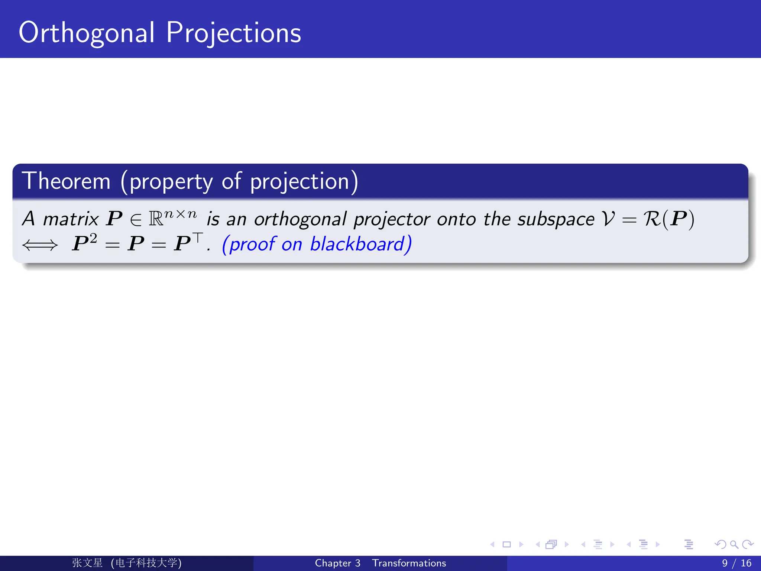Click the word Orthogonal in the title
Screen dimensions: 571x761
[86, 33]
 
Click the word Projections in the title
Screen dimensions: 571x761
[233, 33]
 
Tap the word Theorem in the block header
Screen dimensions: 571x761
[66, 181]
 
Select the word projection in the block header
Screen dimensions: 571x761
[299, 182]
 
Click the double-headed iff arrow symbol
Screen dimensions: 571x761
[40, 245]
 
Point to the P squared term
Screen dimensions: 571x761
[84, 243]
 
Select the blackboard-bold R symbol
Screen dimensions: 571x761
[156, 219]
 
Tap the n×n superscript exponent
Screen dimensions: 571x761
[181, 214]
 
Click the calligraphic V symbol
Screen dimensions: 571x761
[608, 219]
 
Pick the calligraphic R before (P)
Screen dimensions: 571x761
[652, 219]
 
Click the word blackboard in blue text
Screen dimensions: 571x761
[357, 244]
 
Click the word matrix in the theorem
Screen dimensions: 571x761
[71, 219]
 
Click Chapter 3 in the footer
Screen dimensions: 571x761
[337, 563]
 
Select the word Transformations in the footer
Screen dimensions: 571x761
[409, 563]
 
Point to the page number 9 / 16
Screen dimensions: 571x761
[736, 563]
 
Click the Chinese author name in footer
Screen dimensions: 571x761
[87, 563]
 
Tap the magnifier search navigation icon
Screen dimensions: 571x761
[734, 545]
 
